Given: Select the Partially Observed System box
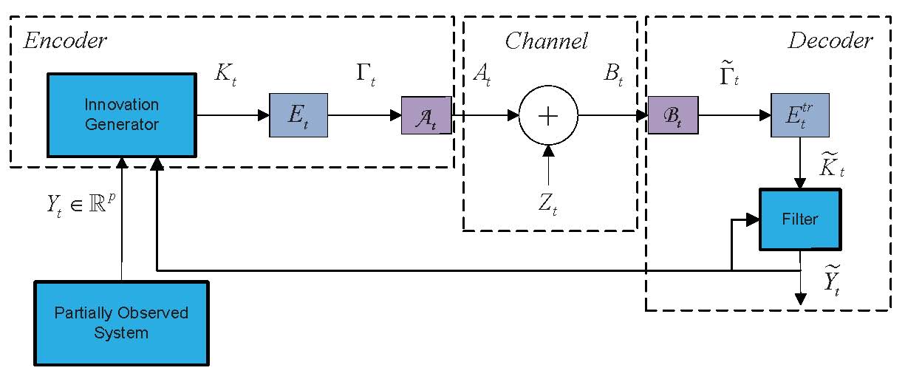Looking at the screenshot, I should coord(121,323).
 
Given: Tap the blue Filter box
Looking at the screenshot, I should coord(800,219).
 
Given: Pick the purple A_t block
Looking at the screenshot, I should coord(426,115).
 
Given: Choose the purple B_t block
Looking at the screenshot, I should coord(673,115).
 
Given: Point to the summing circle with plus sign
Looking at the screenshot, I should coord(548,115).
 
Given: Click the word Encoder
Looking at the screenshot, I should coord(66,41).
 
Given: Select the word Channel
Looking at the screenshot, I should coord(546,41).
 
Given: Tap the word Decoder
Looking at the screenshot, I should coord(830,41).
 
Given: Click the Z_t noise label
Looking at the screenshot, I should coord(547,203).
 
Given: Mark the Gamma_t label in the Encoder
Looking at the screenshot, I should coord(365,76).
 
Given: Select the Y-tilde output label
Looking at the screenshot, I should coord(836,279).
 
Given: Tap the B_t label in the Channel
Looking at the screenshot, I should coord(611,76).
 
